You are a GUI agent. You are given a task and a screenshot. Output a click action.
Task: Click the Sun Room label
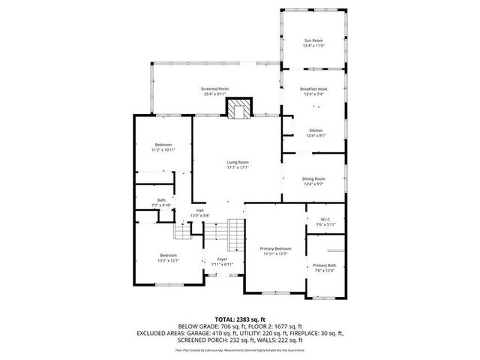point(313,43)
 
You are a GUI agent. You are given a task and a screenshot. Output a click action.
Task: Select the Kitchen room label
point(316,132)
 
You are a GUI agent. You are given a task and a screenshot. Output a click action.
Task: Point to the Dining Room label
point(313,181)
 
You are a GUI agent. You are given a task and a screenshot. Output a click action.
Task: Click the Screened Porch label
point(214,91)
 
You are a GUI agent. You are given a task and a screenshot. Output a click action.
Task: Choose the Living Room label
point(238,164)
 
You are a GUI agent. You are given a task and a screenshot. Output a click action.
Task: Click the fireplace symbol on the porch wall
point(239,109)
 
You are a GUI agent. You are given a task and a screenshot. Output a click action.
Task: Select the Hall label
point(200,212)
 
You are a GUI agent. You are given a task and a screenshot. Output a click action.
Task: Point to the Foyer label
point(222,262)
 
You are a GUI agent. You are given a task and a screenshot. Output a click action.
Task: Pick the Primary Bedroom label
point(275,251)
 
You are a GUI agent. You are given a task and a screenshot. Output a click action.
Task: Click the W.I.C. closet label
point(325,221)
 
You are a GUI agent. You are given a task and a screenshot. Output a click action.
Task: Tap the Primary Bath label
point(325,268)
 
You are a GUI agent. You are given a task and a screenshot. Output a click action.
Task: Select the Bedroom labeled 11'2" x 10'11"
point(163,147)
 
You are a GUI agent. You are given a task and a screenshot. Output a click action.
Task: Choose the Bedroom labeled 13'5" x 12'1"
point(168,258)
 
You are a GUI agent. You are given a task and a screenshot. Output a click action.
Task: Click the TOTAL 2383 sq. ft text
point(239,319)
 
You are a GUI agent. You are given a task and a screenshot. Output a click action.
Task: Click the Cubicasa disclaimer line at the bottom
point(239,349)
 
